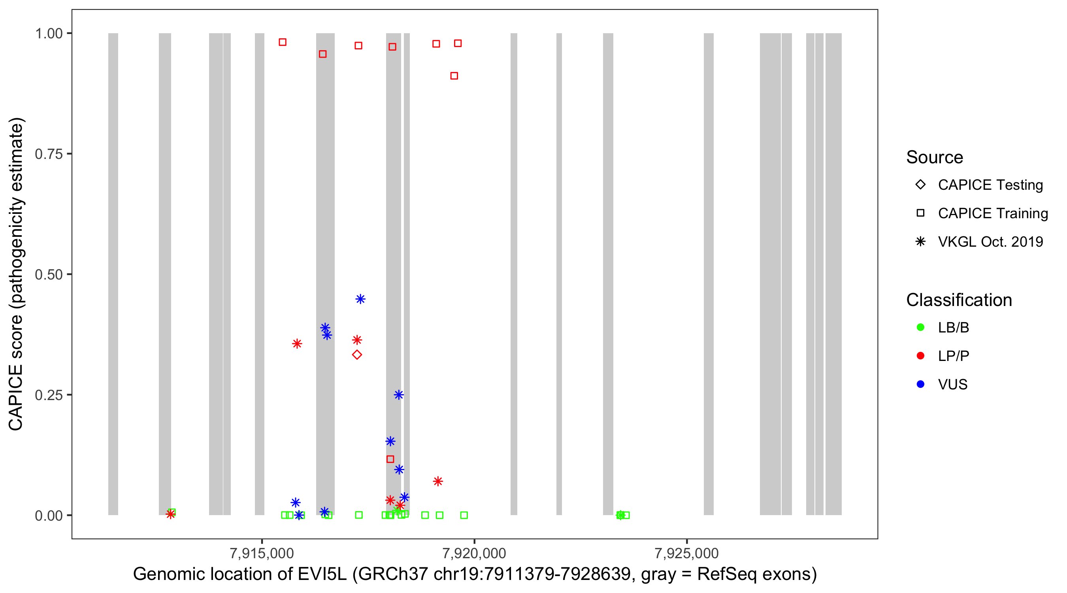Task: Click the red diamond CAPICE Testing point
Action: point(356,355)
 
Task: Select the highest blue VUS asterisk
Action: point(360,299)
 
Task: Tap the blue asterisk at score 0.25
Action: point(398,395)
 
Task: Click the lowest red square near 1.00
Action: point(454,76)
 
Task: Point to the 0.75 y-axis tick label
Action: point(48,154)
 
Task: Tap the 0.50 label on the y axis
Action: point(48,275)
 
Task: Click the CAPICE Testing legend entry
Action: point(990,185)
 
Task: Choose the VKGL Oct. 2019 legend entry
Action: point(990,242)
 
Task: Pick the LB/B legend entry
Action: point(953,327)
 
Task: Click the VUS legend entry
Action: point(952,385)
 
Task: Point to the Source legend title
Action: point(935,157)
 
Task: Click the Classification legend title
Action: point(959,300)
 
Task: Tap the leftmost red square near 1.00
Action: point(283,42)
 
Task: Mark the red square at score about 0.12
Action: point(390,459)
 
